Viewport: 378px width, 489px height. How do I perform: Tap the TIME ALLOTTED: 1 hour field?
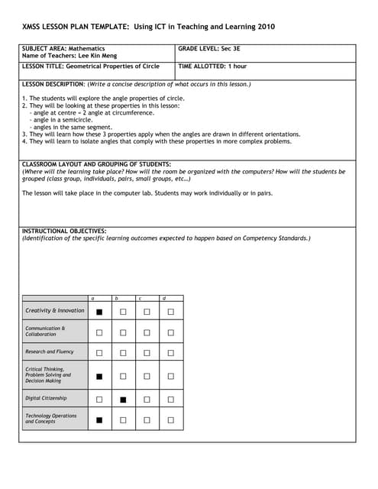[x=212, y=66]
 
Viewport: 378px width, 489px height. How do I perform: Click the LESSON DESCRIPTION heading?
[x=53, y=84]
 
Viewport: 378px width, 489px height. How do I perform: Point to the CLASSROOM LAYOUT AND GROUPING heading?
[x=96, y=164]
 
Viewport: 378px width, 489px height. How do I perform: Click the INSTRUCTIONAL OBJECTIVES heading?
[x=64, y=231]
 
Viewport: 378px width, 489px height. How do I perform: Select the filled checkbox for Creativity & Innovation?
[x=99, y=312]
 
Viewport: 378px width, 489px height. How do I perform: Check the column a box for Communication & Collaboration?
[x=99, y=332]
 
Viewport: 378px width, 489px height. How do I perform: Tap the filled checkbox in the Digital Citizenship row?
[x=123, y=399]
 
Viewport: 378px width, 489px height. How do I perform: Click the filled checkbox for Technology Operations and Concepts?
[x=99, y=419]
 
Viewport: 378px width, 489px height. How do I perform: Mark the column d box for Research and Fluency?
[x=170, y=353]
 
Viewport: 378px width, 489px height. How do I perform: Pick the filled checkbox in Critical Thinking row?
[x=99, y=376]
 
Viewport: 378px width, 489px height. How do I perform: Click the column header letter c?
[x=140, y=298]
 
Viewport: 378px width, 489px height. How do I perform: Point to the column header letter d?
[x=163, y=298]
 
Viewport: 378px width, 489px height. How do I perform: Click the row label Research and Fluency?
[x=50, y=352]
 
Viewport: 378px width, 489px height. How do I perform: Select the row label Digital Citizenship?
[x=46, y=398]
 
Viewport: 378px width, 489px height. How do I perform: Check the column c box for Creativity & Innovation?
[x=147, y=312]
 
